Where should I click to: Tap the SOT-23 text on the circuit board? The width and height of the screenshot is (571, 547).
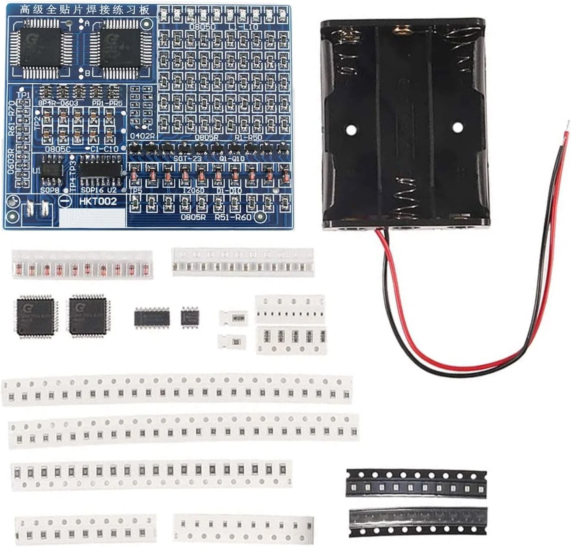point(187,159)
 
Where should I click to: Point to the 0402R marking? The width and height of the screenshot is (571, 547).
point(142,136)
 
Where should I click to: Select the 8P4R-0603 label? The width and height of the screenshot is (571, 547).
point(58,103)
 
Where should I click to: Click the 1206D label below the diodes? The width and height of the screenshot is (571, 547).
point(193,191)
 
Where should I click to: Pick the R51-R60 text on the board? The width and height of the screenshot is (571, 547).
point(233,218)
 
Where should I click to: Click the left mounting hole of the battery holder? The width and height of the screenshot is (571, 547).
point(351,129)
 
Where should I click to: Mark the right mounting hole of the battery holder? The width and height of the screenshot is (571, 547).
point(458,127)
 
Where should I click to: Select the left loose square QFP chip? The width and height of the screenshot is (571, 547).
point(36,316)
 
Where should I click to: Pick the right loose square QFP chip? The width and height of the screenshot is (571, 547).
point(88,316)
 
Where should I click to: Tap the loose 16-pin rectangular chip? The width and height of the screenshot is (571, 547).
point(151,318)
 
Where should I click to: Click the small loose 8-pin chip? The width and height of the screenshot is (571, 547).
point(190,316)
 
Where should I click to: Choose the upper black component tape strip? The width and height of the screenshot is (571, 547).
point(416,483)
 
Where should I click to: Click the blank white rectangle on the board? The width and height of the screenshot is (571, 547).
point(93,217)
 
